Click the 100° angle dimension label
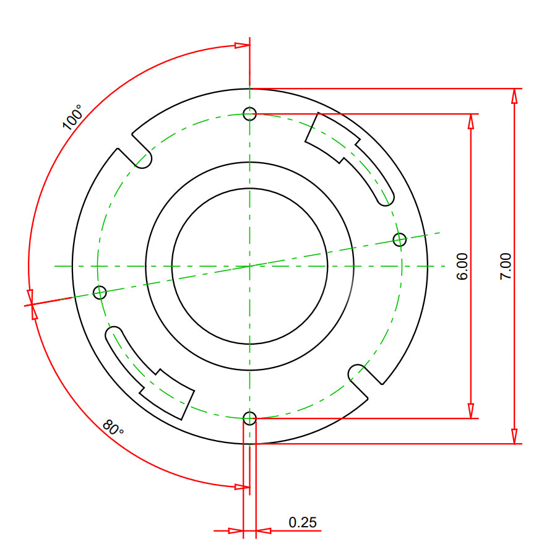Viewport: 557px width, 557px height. [x=72, y=117]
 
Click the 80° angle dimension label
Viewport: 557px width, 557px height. [x=113, y=428]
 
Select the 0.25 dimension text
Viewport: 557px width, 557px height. [x=302, y=522]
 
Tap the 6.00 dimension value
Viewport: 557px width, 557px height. [x=462, y=266]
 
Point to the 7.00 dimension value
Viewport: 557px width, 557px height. [x=506, y=266]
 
